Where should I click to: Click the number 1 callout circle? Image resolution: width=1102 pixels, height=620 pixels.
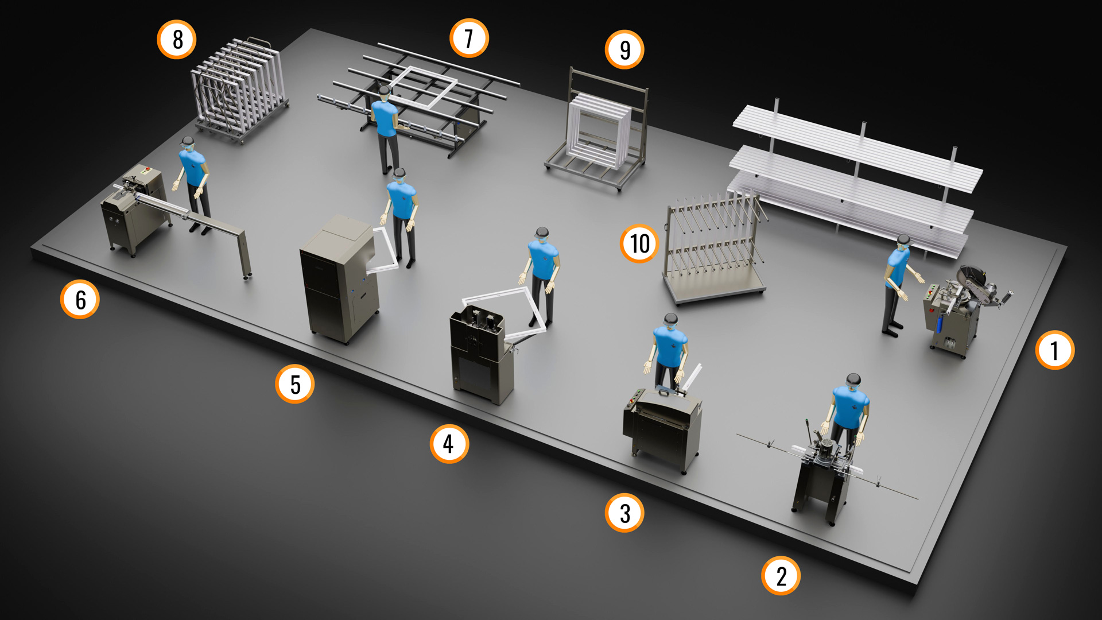click(1054, 350)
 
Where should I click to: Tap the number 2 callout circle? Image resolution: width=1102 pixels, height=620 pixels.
click(781, 575)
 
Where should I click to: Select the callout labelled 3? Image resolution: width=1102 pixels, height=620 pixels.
click(624, 513)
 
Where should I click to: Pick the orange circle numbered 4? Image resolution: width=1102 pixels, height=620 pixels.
click(449, 443)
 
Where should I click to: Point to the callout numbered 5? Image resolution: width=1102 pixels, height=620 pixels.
click(294, 384)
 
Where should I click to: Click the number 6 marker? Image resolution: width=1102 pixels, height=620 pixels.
click(80, 299)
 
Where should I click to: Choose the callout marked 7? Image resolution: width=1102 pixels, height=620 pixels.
click(469, 38)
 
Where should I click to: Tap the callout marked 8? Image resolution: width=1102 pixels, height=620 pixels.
click(177, 40)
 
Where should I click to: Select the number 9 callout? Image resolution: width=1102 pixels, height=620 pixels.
click(624, 49)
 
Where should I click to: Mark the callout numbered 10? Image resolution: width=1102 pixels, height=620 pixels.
click(639, 243)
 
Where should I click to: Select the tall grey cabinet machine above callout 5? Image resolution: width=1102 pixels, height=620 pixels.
click(339, 279)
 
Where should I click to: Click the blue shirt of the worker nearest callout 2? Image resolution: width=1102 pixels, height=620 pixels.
click(851, 407)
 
